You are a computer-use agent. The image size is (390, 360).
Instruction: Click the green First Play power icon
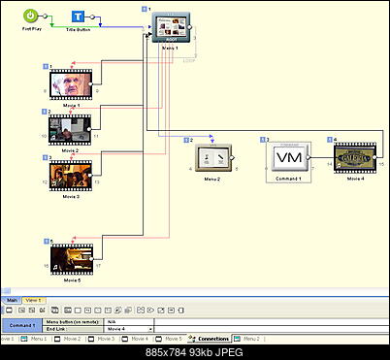click(x=31, y=16)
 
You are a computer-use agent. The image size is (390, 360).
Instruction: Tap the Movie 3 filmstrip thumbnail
click(x=69, y=175)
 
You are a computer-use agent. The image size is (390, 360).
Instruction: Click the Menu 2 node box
click(x=214, y=156)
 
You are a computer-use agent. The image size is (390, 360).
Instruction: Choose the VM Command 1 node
click(x=288, y=157)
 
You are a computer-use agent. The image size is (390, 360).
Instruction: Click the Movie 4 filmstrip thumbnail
click(x=354, y=155)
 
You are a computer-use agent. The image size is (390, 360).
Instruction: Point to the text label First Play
click(x=32, y=29)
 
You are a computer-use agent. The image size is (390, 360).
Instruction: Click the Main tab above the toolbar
click(x=12, y=300)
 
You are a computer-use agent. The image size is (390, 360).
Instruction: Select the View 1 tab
click(x=33, y=300)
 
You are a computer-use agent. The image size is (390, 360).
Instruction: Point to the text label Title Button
click(x=80, y=31)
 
